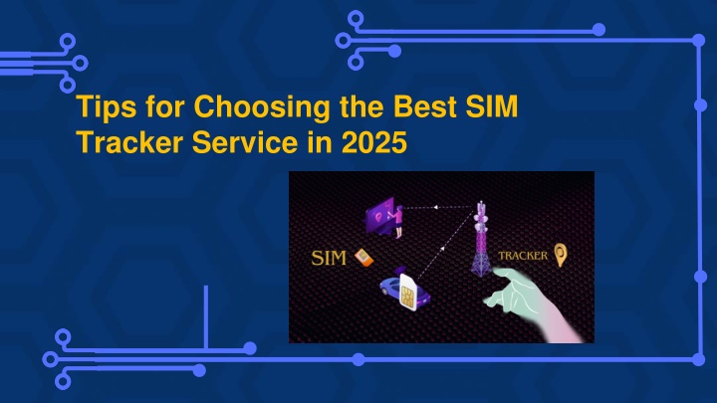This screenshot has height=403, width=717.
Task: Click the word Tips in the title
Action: [107, 107]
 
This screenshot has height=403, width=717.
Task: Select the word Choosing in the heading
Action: [262, 107]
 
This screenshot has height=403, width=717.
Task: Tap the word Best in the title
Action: [425, 106]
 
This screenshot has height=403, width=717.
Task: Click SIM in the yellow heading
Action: [492, 106]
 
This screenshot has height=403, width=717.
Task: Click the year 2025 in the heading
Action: [374, 142]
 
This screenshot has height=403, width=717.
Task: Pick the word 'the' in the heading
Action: [361, 106]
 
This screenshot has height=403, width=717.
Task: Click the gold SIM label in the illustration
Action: [329, 258]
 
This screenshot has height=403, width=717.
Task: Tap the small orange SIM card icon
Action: [364, 258]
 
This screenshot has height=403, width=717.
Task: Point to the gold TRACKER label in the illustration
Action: [523, 256]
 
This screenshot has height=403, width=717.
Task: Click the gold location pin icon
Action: [561, 255]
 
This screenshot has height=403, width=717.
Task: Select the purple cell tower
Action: [481, 239]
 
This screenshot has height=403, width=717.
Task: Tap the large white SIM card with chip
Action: [408, 293]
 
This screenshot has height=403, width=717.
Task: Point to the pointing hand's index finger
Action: [503, 273]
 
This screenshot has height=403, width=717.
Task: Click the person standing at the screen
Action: [398, 222]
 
